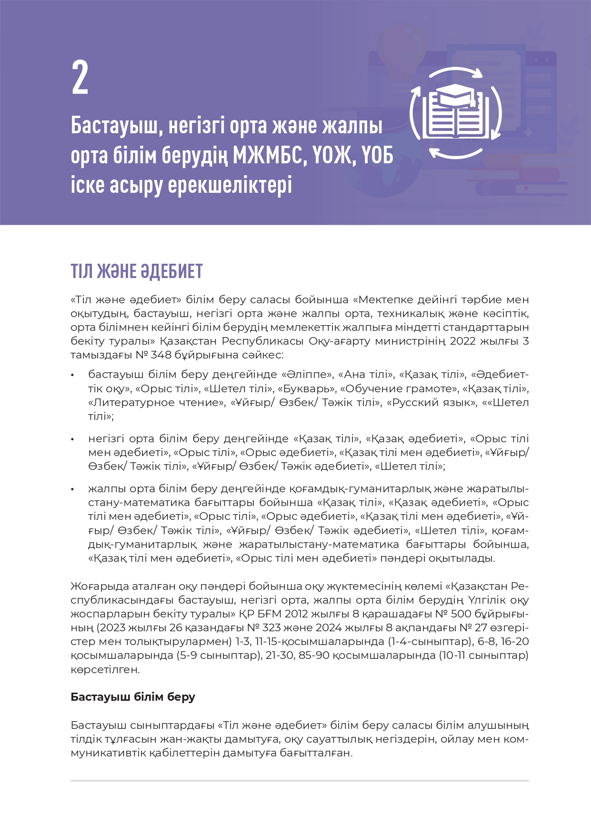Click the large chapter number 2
point(80,78)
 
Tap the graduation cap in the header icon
point(455,93)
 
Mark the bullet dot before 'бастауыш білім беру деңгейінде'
point(72,375)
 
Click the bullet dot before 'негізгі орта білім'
point(72,439)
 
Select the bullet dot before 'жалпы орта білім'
point(72,489)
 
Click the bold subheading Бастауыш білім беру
point(133,697)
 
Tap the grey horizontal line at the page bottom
point(300,781)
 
